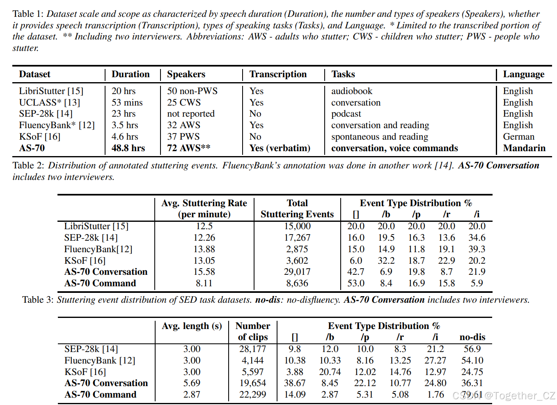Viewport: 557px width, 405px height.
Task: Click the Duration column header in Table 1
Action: pyautogui.click(x=131, y=74)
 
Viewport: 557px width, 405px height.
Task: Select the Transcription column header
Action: pyautogui.click(x=278, y=74)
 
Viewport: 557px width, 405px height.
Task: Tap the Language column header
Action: pyautogui.click(x=523, y=74)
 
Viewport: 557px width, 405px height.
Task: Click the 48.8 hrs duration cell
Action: pyautogui.click(x=128, y=148)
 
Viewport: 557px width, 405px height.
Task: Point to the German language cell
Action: pyautogui.click(x=518, y=137)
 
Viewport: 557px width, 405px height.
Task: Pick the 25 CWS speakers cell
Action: pyautogui.click(x=184, y=103)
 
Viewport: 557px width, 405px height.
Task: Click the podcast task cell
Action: pyautogui.click(x=346, y=114)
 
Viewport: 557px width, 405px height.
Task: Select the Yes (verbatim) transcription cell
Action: pyautogui.click(x=280, y=148)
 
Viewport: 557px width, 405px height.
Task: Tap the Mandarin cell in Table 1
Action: pyautogui.click(x=524, y=148)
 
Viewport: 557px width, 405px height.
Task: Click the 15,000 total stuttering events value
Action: pyautogui.click(x=297, y=226)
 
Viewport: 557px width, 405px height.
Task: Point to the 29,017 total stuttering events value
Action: pyautogui.click(x=297, y=272)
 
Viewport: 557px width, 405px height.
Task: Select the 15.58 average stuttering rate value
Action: pyautogui.click(x=204, y=272)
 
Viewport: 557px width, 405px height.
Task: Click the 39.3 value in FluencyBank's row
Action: pyautogui.click(x=477, y=249)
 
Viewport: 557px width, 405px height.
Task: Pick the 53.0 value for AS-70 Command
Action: pyautogui.click(x=355, y=283)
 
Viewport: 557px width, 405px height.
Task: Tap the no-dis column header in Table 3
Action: pyautogui.click(x=472, y=337)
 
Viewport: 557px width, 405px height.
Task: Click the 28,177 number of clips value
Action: pyautogui.click(x=252, y=349)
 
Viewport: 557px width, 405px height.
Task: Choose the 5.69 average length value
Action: pyautogui.click(x=192, y=383)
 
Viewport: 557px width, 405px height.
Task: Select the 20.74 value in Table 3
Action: pyautogui.click(x=330, y=372)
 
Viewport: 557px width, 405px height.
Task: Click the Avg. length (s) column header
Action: pyautogui.click(x=192, y=326)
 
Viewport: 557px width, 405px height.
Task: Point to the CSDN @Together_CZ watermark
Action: pyautogui.click(x=504, y=396)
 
